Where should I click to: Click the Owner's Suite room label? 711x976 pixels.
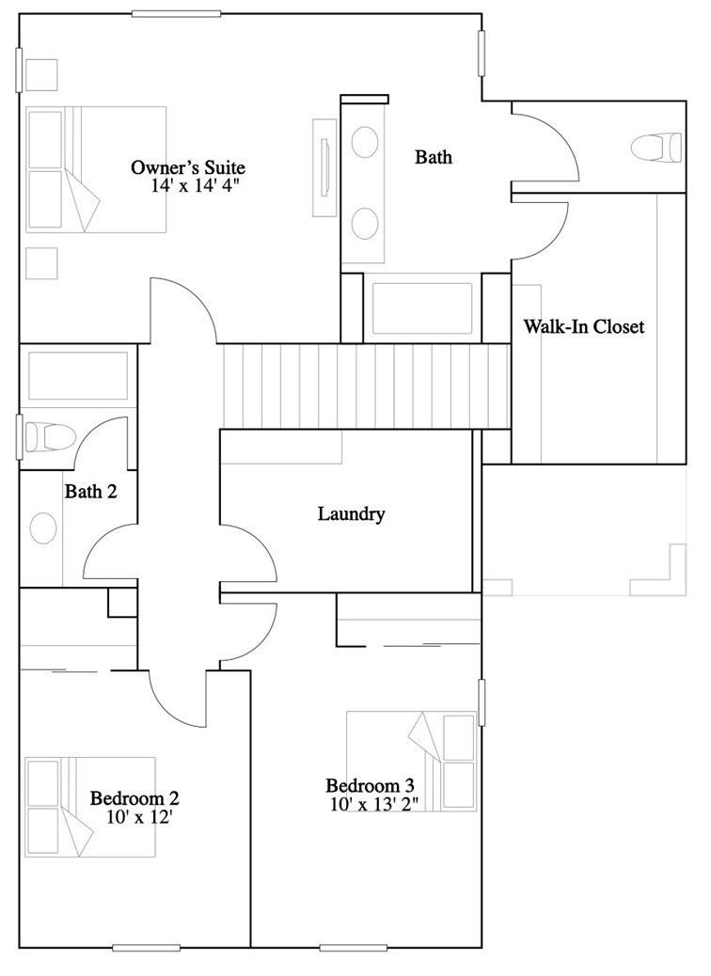[187, 167]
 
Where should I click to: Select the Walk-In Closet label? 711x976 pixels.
[583, 327]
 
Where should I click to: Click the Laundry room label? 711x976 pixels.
[351, 513]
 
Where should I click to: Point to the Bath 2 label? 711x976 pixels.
[90, 490]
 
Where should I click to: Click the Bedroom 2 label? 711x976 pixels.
[134, 798]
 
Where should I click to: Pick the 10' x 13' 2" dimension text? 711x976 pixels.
[373, 804]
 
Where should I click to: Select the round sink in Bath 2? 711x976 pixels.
[43, 527]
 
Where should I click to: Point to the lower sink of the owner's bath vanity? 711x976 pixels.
[364, 223]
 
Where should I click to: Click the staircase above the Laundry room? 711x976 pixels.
[365, 386]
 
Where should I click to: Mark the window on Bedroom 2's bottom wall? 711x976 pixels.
[146, 947]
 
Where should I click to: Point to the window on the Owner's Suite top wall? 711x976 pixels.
[169, 13]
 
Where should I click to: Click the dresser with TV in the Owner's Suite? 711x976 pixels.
[324, 166]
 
